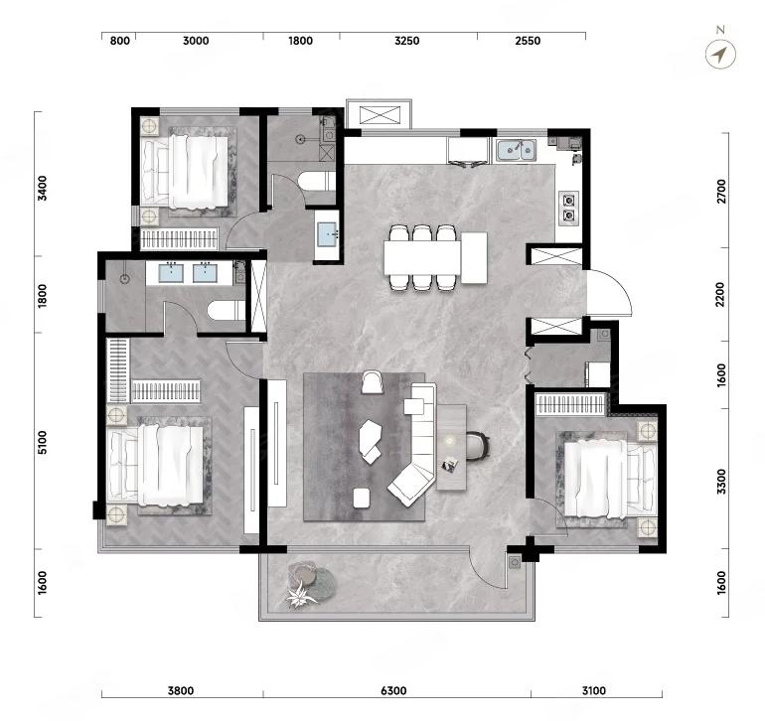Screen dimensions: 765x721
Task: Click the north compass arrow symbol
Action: (x=720, y=54)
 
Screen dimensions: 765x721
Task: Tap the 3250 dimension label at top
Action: (x=407, y=41)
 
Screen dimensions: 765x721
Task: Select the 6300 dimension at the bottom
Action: (x=393, y=691)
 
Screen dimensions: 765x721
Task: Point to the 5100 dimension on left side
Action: (x=43, y=443)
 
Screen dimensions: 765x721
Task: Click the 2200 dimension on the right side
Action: (x=720, y=295)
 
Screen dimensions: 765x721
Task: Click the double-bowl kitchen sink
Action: (x=517, y=150)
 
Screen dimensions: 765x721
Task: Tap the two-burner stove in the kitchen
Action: (x=569, y=209)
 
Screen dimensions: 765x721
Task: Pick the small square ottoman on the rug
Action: (x=362, y=498)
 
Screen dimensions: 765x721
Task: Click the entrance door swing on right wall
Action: (x=609, y=292)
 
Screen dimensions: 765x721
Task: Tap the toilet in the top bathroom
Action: (x=317, y=181)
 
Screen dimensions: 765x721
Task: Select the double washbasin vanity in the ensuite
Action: (x=190, y=273)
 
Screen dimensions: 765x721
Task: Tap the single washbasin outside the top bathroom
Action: (x=327, y=235)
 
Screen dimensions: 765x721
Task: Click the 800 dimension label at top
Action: (x=120, y=41)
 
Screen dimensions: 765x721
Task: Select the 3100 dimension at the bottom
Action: (x=594, y=691)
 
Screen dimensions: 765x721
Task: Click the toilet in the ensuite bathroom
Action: (x=227, y=310)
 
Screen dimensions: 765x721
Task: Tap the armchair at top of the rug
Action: (x=373, y=382)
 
